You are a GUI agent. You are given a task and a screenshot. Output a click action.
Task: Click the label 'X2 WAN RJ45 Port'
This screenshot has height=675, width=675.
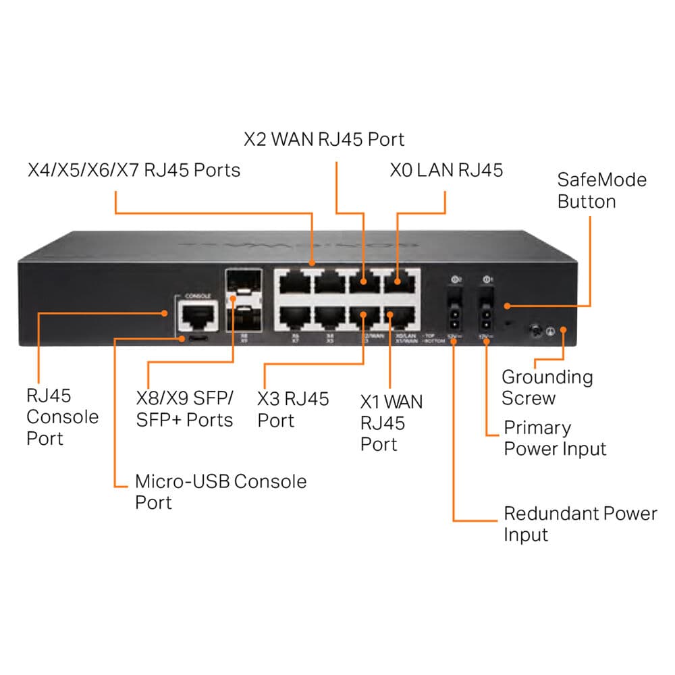coord(324,140)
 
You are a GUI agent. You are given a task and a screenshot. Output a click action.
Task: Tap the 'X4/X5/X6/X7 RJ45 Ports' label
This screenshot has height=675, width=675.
coord(134,169)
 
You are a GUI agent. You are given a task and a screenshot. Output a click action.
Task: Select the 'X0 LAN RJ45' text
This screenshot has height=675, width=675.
coord(446,169)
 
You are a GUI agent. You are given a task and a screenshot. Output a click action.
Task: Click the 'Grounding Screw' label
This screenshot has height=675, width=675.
coord(547,387)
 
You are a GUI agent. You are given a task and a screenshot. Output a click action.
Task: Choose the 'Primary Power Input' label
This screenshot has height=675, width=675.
coord(555,438)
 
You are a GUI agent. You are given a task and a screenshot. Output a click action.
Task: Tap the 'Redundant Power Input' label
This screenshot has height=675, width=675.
coord(580,524)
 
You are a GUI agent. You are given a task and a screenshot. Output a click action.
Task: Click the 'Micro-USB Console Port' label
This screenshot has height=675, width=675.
coord(221,491)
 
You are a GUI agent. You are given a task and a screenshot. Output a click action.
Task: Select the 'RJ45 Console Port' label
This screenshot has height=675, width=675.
coord(62,416)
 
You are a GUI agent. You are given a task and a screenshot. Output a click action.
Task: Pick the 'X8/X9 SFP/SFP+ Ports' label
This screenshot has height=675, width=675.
coord(184,409)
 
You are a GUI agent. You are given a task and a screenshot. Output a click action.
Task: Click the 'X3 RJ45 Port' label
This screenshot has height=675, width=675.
coord(293,409)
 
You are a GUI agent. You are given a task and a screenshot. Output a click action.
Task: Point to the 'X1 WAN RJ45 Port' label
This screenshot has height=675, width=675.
coord(391,423)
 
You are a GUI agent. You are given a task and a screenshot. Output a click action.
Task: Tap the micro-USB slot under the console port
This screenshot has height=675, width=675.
coord(198,337)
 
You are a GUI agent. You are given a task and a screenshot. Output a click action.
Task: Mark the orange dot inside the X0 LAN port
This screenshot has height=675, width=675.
coord(397,282)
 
